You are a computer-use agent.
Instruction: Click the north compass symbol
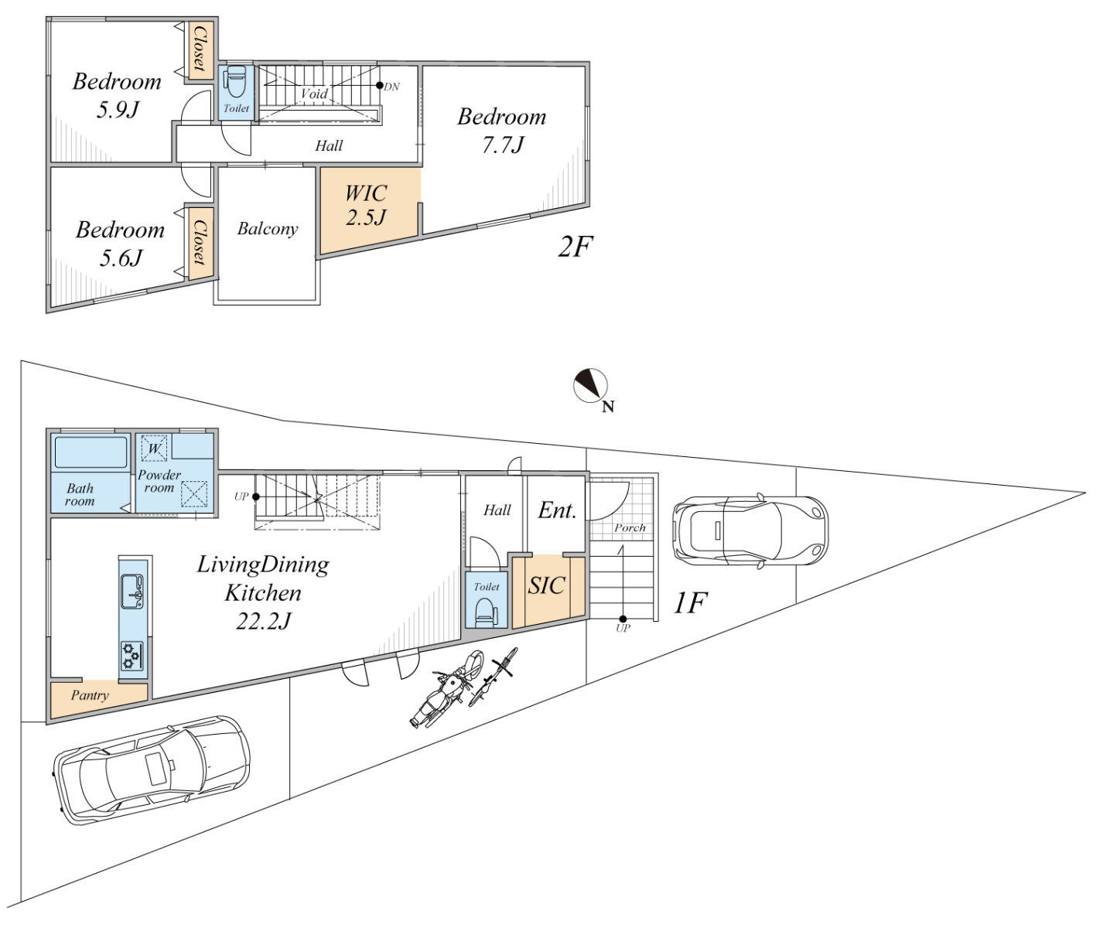(x=590, y=386)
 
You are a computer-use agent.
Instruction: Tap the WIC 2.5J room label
(x=366, y=205)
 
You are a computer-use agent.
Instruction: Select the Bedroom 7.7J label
(x=501, y=130)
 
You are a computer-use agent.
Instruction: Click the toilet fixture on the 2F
(x=236, y=81)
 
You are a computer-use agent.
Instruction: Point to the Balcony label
(x=267, y=229)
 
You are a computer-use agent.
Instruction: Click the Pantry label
(x=90, y=695)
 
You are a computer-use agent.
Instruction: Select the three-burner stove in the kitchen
(x=132, y=656)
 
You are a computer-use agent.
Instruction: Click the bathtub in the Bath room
(x=91, y=452)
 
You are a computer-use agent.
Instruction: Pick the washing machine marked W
(x=155, y=449)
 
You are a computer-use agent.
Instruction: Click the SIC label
(x=546, y=586)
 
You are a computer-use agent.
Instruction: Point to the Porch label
(x=630, y=528)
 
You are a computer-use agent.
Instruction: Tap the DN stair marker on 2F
(x=380, y=86)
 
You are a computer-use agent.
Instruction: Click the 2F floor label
(x=575, y=247)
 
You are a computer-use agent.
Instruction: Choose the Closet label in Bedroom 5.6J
(x=199, y=242)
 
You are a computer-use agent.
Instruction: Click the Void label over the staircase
(x=314, y=94)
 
